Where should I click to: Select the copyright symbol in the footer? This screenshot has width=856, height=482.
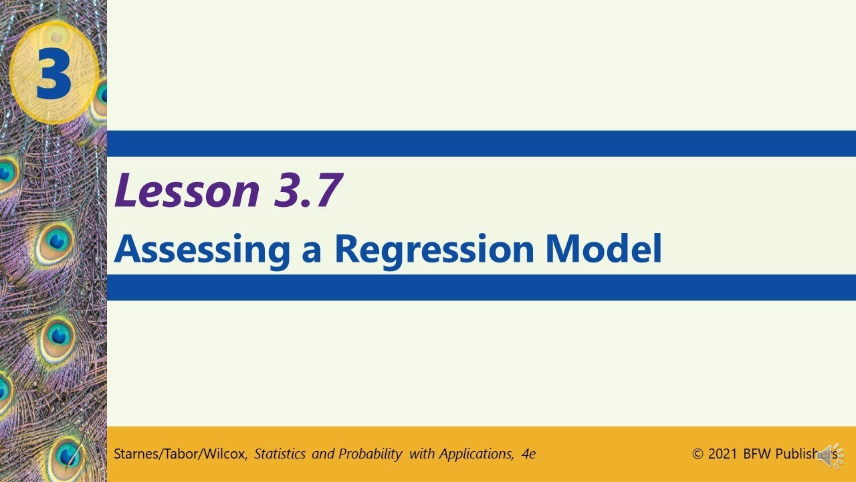pos(698,454)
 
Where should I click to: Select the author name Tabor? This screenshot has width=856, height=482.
pos(179,454)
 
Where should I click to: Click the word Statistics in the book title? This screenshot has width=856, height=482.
pos(280,454)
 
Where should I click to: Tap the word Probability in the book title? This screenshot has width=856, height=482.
pos(370,454)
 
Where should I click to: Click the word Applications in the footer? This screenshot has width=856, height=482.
pos(475,454)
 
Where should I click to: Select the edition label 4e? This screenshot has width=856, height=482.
pos(528,454)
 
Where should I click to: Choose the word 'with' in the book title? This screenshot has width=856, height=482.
pos(422,454)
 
